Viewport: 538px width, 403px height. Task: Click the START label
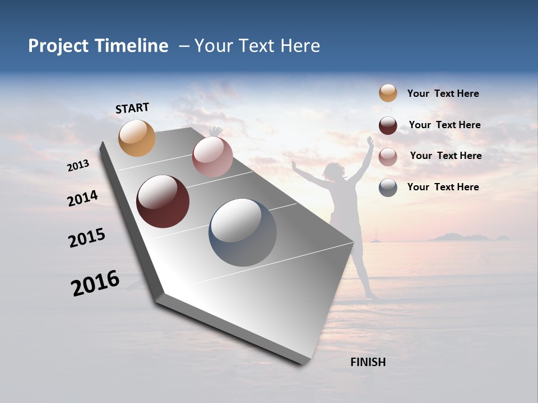click(x=132, y=108)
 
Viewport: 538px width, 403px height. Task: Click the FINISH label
click(x=368, y=362)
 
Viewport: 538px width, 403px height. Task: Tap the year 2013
click(x=78, y=165)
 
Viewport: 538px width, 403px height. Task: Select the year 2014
click(x=82, y=198)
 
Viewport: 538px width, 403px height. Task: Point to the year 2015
click(x=87, y=238)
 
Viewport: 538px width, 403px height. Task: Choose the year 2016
click(x=95, y=283)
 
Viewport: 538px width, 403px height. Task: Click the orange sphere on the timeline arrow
click(x=137, y=138)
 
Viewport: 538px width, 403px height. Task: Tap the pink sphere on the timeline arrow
click(x=212, y=157)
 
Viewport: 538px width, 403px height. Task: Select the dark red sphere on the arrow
click(x=163, y=201)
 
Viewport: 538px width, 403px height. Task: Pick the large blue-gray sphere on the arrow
click(x=243, y=232)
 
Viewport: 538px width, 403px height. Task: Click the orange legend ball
click(x=388, y=93)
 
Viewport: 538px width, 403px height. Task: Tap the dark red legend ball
click(x=388, y=125)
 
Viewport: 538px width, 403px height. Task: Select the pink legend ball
click(x=388, y=157)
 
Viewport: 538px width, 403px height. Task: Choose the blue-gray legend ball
click(x=388, y=188)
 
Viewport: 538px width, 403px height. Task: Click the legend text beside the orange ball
click(x=443, y=93)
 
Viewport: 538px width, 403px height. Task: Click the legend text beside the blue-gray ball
click(x=443, y=187)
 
